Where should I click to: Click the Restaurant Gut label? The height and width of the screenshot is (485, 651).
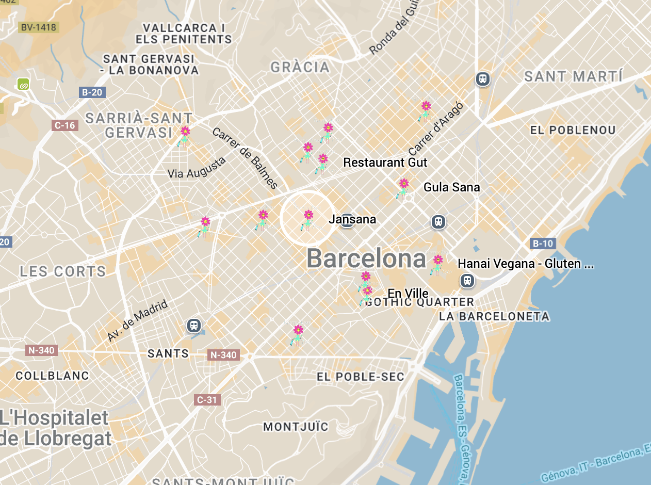pos(385,163)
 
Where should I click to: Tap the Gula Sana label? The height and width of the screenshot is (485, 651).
pos(451,187)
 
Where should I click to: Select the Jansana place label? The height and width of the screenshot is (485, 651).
pos(352,219)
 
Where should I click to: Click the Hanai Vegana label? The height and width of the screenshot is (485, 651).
pos(525,264)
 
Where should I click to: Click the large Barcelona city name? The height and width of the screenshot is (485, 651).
pos(366,258)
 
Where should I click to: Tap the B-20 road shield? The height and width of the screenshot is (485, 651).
pos(92,92)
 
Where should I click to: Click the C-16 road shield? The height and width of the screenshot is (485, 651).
pos(65,125)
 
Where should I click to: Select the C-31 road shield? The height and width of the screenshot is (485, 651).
pos(207,399)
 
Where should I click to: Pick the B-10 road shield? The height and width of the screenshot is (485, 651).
pos(543,244)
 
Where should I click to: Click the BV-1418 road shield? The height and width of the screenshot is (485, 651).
pos(38,27)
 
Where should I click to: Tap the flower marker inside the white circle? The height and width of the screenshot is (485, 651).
pos(307,219)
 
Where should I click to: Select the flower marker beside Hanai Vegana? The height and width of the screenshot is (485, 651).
pos(437,264)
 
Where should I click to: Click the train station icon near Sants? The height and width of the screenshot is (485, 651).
pos(194,326)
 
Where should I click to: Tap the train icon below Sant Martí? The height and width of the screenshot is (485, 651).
pos(483,79)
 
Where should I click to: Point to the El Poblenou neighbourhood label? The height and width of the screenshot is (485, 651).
pos(573,130)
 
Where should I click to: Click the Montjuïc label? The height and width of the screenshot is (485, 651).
pos(296,427)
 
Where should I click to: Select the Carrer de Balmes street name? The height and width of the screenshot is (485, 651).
pos(245,158)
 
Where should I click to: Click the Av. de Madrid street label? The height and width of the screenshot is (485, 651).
pos(137,320)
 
